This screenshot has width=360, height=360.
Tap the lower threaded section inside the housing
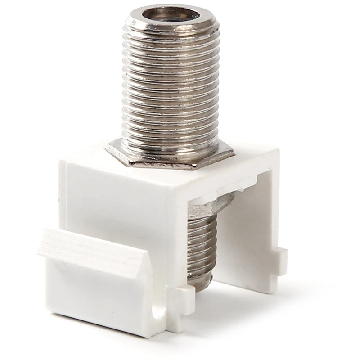pos(202,238)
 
